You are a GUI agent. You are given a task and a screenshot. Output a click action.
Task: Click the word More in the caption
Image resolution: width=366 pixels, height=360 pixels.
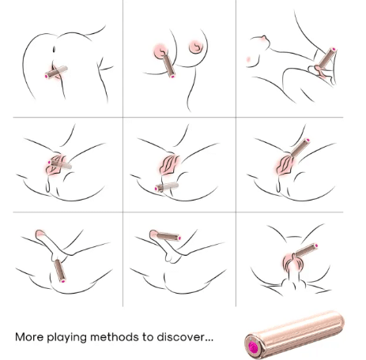(x=29, y=337)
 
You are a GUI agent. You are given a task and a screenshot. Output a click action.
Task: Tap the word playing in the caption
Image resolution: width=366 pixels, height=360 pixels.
(x=67, y=338)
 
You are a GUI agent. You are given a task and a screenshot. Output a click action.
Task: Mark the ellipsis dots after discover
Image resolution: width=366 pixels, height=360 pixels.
(x=209, y=340)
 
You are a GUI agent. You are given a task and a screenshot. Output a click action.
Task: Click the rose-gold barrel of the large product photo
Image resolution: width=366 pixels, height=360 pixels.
(x=294, y=334)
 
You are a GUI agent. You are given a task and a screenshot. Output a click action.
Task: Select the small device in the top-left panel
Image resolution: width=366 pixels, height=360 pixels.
(x=56, y=73)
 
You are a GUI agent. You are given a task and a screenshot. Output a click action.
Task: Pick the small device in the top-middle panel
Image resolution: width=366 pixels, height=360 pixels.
(x=168, y=66)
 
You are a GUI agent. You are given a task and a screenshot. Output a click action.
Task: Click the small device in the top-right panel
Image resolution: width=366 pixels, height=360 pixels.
(x=327, y=58)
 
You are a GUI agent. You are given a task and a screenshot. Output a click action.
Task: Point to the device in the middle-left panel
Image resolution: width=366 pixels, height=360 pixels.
(x=59, y=164)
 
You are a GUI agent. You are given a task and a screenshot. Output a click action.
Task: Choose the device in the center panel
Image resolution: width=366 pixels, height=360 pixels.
(x=167, y=187)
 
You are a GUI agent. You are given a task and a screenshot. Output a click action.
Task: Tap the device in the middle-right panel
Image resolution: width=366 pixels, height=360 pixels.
(x=300, y=148)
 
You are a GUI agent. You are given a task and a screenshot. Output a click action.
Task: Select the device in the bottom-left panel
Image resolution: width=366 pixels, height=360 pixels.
(x=60, y=271)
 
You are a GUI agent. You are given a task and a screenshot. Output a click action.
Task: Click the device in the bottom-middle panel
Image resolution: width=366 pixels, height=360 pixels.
(x=168, y=236)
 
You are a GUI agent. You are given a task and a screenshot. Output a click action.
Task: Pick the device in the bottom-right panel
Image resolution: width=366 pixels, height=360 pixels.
(x=306, y=250)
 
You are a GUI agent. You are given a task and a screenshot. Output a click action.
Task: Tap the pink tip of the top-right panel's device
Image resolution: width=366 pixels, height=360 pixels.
(x=334, y=49)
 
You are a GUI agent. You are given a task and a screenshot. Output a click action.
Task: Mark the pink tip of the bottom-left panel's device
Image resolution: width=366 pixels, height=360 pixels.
(x=63, y=281)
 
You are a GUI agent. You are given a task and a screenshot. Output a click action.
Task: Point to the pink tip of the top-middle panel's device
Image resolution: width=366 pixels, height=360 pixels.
(x=172, y=77)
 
